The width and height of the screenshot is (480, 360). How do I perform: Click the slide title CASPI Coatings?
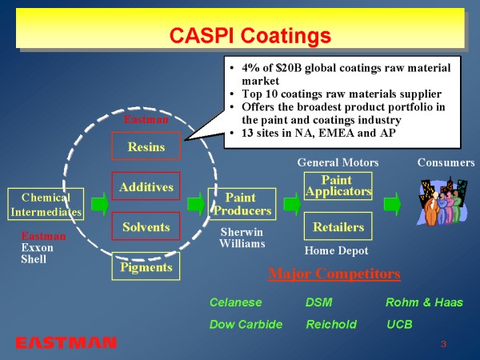pos(250,35)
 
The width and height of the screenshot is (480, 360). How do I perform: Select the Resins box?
pos(146,147)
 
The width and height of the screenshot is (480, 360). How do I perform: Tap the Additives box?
pos(146,186)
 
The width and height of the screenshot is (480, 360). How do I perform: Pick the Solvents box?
pos(146,226)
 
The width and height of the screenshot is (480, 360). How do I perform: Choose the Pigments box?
pos(146,266)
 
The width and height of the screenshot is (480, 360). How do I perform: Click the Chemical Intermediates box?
pos(46,204)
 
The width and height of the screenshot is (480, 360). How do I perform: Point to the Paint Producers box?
pos(241,204)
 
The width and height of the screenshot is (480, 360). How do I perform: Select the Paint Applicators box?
pos(338,186)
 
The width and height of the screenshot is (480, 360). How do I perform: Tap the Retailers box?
pos(338,226)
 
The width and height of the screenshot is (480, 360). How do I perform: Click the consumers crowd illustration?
pos(439,202)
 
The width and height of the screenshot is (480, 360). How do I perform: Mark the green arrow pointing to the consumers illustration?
pos(392,204)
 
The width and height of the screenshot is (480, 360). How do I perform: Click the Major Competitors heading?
pos(334,274)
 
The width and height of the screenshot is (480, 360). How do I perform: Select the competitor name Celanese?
pos(235,303)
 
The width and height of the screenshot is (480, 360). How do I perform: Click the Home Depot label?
pos(336,251)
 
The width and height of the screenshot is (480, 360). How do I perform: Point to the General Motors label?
pos(338,162)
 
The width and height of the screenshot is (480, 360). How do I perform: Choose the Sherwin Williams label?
pos(242,238)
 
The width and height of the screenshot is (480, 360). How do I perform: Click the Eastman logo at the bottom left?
pos(66,342)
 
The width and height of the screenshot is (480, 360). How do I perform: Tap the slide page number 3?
pos(442,343)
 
